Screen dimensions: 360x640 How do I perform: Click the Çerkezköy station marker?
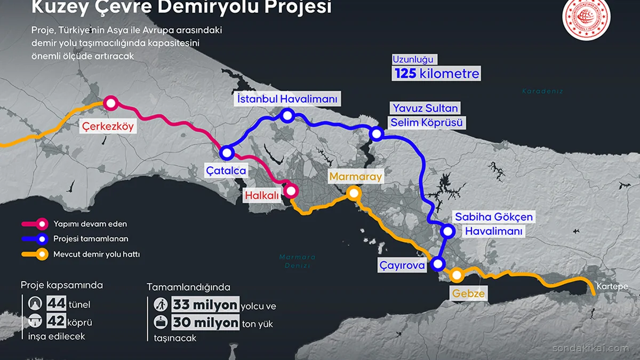point(110,103)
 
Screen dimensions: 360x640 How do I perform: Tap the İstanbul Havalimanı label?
point(287,99)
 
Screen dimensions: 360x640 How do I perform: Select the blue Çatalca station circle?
point(228,153)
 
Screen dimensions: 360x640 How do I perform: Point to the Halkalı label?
point(262,196)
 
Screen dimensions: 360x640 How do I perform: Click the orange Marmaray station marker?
point(353,193)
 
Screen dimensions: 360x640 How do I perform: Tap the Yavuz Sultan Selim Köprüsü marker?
point(377,133)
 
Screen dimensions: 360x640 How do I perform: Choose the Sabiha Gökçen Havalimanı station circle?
point(448,231)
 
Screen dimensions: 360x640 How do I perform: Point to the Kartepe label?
point(612,287)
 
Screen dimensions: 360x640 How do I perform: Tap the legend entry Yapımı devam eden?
point(90,224)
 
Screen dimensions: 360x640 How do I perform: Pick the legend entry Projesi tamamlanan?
point(91,239)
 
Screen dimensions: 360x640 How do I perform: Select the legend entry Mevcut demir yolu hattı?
point(97,254)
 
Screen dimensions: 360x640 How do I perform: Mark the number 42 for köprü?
point(56,322)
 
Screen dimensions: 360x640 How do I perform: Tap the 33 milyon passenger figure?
point(205,305)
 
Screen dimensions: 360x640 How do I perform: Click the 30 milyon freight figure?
point(205,323)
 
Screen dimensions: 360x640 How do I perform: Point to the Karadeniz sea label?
point(542,91)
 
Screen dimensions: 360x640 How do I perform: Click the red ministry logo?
point(586,19)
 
